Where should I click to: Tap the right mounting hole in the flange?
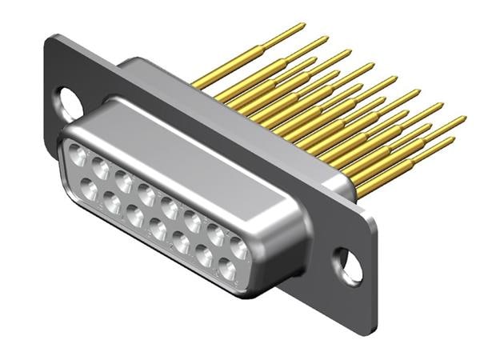(x=349, y=264)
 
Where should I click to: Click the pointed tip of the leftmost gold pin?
(x=304, y=25)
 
